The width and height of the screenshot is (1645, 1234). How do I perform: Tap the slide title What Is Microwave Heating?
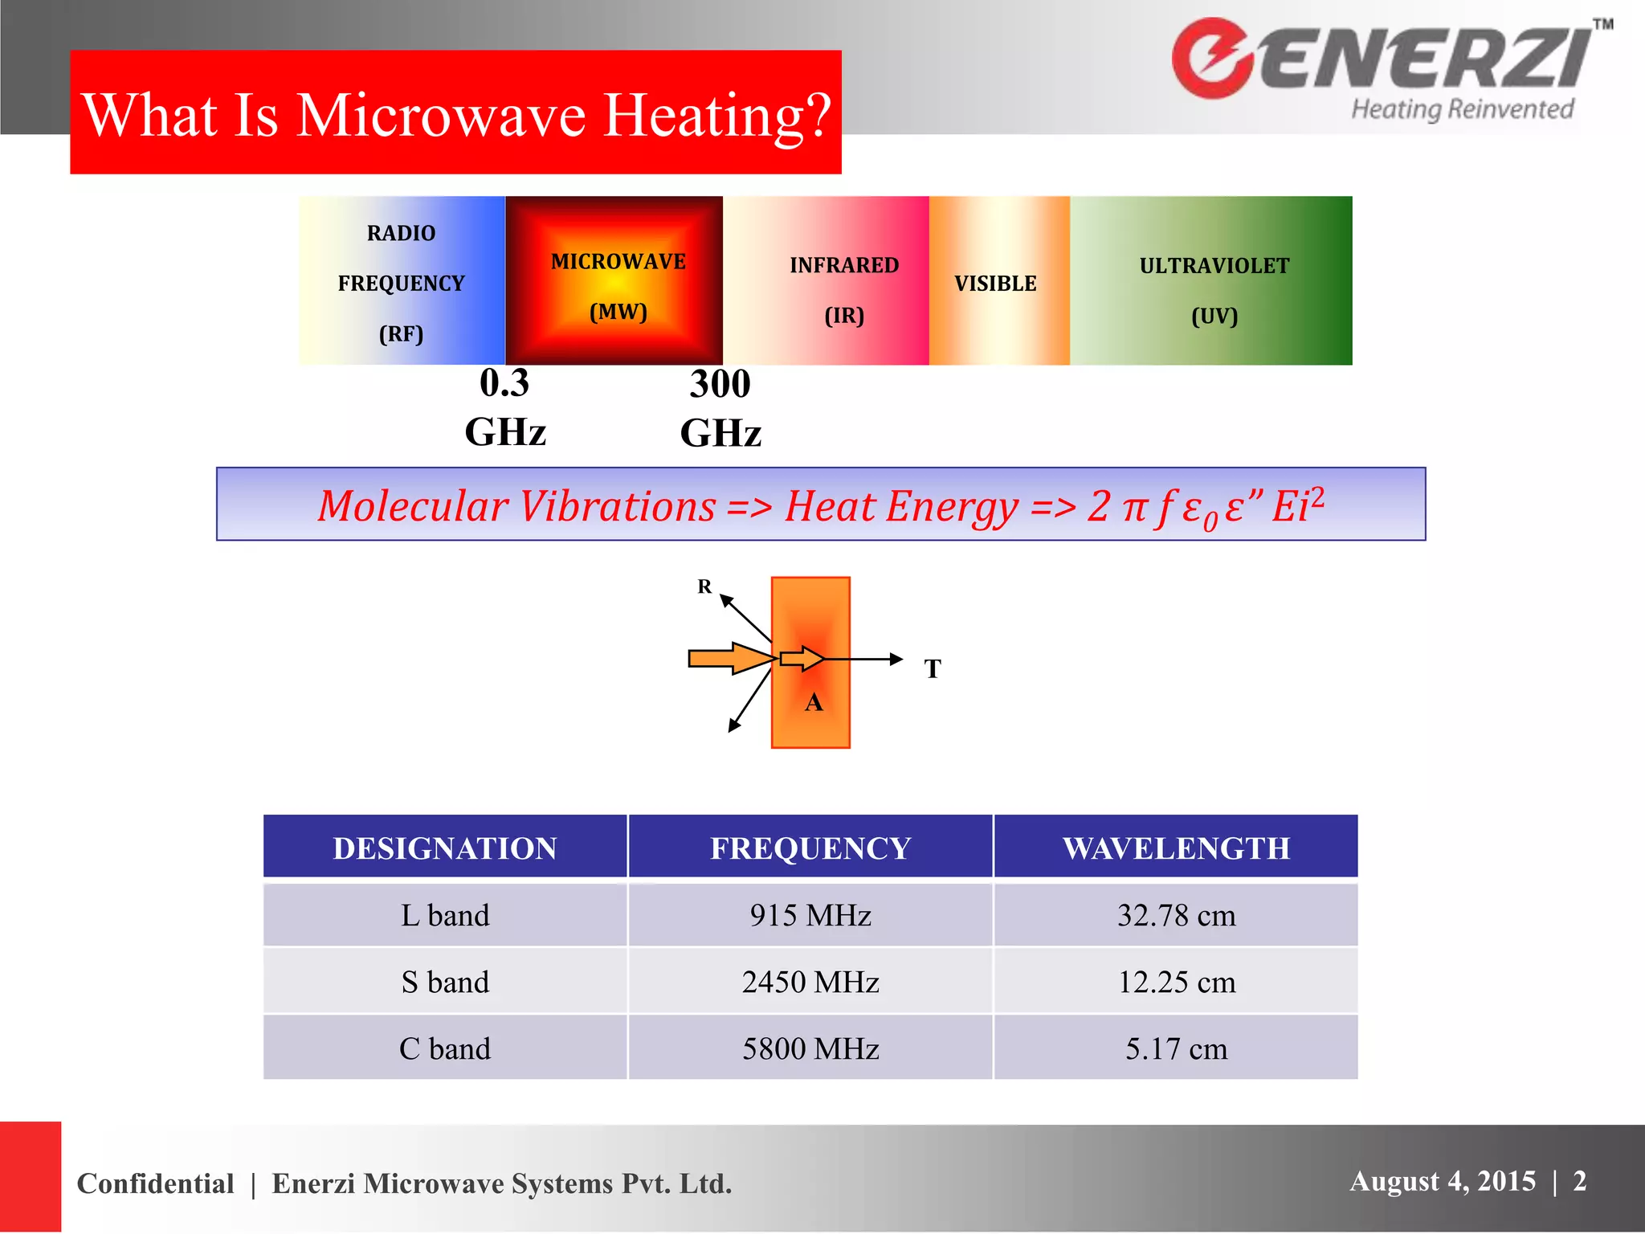pyautogui.click(x=456, y=114)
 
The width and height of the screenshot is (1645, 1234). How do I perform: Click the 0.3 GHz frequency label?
pyautogui.click(x=505, y=407)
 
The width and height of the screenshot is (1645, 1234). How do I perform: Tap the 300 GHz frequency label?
pyautogui.click(x=720, y=408)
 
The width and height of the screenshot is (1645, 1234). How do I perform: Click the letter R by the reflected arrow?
pyautogui.click(x=704, y=586)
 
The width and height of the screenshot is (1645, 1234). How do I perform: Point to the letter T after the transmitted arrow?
pyautogui.click(x=933, y=668)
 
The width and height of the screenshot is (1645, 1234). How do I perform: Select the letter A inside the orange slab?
pyautogui.click(x=814, y=702)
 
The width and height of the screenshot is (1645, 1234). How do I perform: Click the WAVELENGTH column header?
pyautogui.click(x=1176, y=848)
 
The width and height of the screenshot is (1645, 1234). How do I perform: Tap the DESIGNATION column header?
pyautogui.click(x=445, y=848)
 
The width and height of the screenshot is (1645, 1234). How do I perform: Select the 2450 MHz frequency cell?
pyautogui.click(x=810, y=982)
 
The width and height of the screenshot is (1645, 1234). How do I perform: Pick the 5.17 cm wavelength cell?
pyautogui.click(x=1176, y=1048)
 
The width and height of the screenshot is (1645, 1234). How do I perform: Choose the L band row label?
pyautogui.click(x=445, y=915)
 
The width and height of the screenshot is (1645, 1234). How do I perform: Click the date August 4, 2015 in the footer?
pyautogui.click(x=1443, y=1181)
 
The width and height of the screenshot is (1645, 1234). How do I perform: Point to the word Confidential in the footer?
pyautogui.click(x=156, y=1183)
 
